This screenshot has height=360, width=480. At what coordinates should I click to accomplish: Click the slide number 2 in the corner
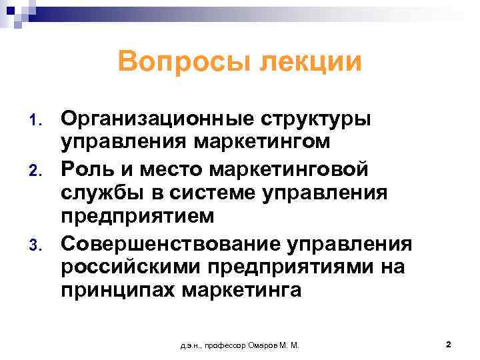coord(449,344)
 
